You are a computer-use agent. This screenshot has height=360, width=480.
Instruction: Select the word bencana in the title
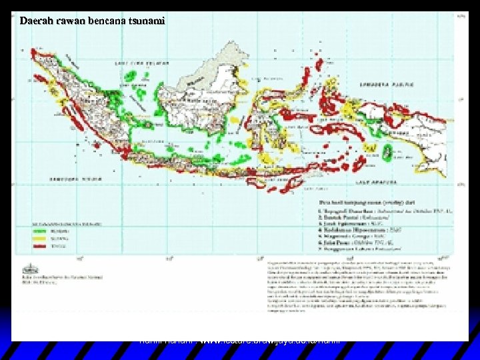104,21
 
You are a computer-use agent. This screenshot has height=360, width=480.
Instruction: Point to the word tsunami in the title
145,21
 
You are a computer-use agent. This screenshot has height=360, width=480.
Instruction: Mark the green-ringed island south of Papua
389,153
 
